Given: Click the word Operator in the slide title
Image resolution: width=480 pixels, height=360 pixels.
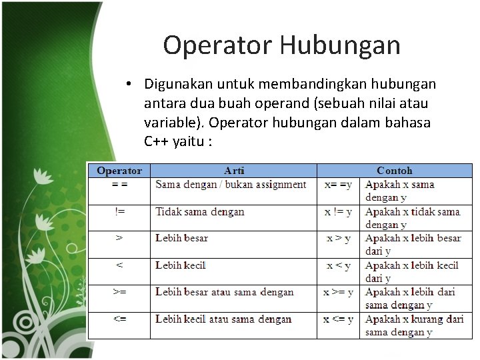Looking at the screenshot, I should pos(217,45).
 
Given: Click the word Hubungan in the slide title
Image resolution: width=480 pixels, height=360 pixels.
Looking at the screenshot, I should pos(339,45).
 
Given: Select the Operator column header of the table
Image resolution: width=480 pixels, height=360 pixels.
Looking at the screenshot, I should pos(119,171).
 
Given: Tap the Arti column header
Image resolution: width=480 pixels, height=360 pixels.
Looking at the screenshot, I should pos(233,171).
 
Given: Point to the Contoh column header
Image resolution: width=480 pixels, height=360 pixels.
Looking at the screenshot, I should pos(394,171).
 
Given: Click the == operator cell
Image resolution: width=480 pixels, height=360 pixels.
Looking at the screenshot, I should pos(119,185).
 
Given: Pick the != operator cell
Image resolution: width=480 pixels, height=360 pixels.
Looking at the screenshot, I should pos(119,212).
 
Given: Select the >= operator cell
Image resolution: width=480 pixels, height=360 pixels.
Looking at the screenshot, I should pos(119,292).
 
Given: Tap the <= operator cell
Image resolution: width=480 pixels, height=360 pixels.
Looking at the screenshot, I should pos(119,319).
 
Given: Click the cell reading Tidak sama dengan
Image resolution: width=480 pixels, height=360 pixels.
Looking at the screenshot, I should pos(200,212).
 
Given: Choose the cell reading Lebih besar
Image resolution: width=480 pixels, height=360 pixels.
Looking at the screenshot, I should pos(182,238).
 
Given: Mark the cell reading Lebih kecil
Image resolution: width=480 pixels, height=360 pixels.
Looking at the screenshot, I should pos(181,265).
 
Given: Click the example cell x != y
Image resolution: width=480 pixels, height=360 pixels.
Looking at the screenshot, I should pos(338,212).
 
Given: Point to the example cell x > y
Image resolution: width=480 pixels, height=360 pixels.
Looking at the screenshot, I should pos(338,238).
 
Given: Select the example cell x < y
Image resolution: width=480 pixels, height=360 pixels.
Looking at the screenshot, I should pos(338,265).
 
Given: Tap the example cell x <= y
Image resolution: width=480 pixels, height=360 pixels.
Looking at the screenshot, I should pos(338,319).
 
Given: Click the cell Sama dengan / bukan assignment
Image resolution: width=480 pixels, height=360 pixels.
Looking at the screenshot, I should pos(231,185).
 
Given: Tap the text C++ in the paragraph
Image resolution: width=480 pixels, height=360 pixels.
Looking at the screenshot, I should pos(157,142).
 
